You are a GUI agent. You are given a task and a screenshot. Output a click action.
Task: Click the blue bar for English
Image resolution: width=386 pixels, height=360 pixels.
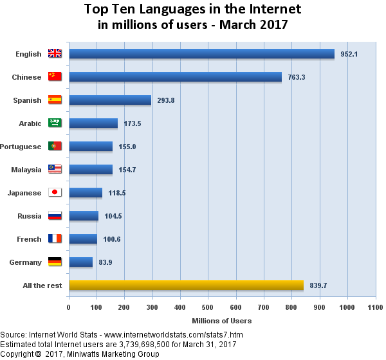(x=201, y=54)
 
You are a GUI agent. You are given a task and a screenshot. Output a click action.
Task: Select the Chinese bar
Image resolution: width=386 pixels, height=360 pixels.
(x=175, y=77)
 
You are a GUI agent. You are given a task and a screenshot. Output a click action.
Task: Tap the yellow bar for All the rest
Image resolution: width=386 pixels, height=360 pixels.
(x=186, y=285)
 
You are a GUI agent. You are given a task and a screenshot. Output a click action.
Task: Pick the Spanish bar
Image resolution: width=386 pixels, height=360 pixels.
(x=110, y=100)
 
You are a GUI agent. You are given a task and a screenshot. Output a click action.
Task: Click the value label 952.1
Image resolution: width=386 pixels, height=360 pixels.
(x=349, y=54)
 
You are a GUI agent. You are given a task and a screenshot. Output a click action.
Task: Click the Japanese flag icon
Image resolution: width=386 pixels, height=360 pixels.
(x=55, y=193)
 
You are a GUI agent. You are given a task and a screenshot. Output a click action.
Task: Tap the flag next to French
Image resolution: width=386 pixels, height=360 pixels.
(x=55, y=239)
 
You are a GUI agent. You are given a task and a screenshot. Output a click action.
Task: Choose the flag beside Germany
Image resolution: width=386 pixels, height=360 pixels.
(x=55, y=262)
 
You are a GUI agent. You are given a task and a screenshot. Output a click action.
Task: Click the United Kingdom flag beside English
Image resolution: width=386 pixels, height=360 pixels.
(x=55, y=54)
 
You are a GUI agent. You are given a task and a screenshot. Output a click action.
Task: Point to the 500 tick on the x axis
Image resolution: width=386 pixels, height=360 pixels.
(x=208, y=307)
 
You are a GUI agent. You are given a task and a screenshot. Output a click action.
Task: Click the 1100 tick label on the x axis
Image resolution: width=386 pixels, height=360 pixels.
(x=375, y=307)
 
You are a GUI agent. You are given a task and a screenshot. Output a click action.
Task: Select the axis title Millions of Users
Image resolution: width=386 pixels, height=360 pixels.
(x=222, y=320)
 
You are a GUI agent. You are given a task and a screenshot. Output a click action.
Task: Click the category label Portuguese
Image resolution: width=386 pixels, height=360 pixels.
(x=21, y=147)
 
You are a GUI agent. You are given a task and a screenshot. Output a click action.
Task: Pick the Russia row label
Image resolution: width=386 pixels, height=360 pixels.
(x=30, y=216)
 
